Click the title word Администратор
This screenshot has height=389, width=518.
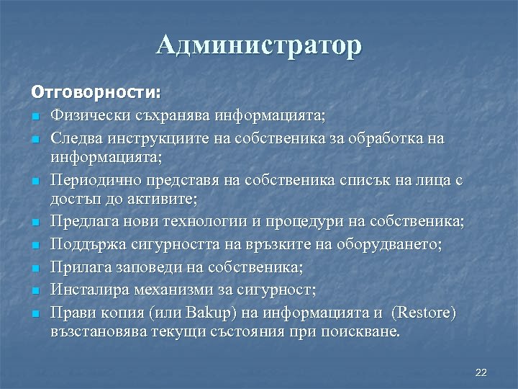[259, 46]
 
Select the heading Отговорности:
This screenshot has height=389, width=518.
[96, 93]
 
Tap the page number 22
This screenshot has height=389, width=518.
[481, 372]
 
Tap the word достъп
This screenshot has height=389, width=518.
[73, 198]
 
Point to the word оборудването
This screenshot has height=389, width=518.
[399, 245]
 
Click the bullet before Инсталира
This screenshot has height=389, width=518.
[34, 292]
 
